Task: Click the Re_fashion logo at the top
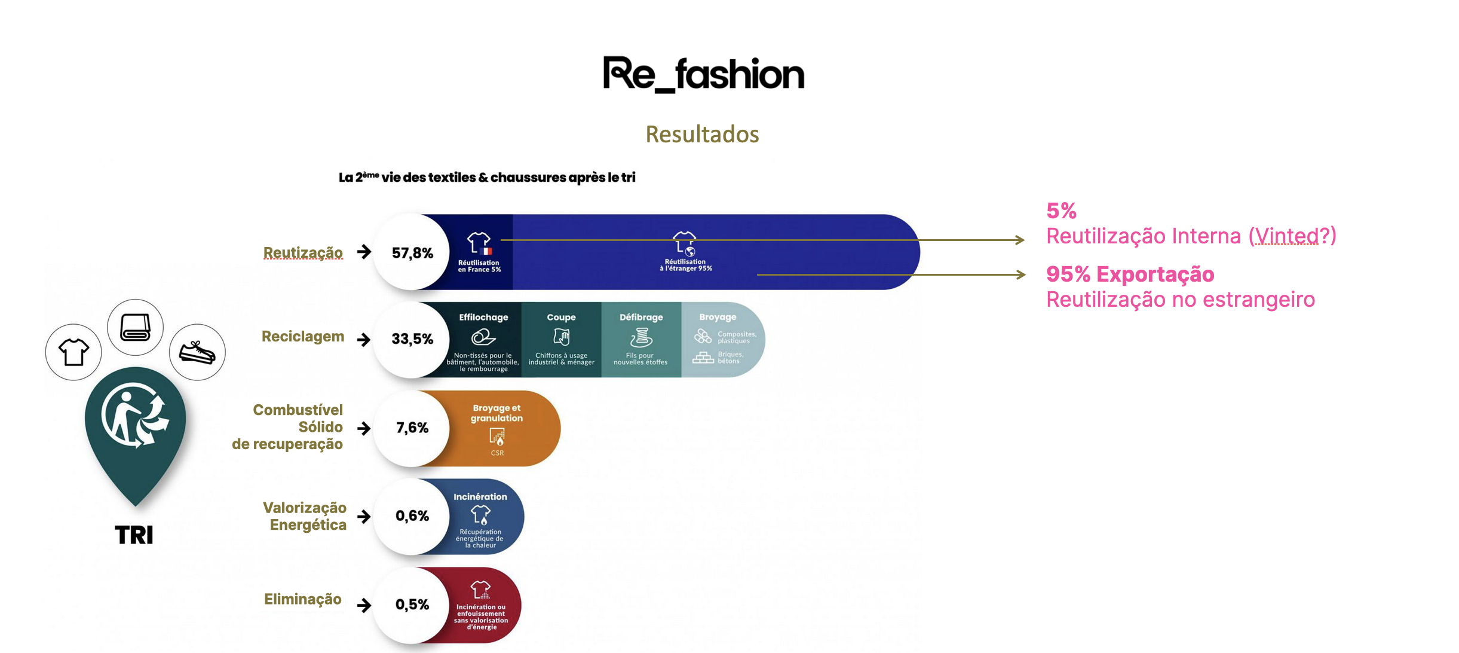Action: pos(703,74)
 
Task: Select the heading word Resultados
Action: pos(702,135)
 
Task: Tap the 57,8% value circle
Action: pos(412,253)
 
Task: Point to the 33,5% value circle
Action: pos(412,339)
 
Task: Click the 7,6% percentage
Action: pos(412,428)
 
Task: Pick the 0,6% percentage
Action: pos(412,515)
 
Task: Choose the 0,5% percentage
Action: pos(412,604)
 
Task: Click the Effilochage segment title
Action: pos(483,318)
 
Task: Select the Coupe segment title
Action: pos(561,318)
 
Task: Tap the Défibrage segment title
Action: pos(641,318)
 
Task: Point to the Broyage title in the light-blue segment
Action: pos(718,318)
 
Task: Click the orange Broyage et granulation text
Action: pos(496,413)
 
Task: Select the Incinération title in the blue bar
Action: pos(480,497)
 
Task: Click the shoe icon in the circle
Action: pos(197,353)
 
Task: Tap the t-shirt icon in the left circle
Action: pos(73,352)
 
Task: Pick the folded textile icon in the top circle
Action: pos(136,327)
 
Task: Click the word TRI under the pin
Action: pos(134,535)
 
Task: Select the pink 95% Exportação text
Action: pos(1130,274)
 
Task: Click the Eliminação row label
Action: pos(303,599)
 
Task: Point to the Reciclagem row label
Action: pos(303,337)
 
